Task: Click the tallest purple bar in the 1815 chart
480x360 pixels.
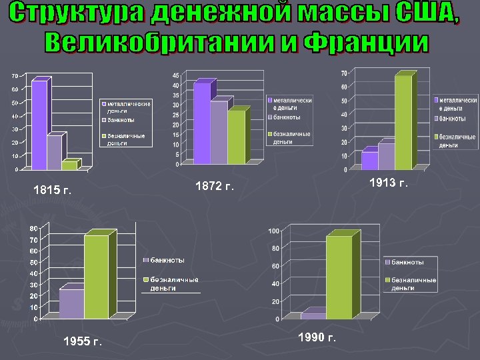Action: click(39, 123)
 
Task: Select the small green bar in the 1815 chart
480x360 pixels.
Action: click(69, 165)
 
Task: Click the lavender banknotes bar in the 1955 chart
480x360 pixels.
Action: click(71, 303)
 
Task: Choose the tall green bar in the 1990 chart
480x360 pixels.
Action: click(339, 277)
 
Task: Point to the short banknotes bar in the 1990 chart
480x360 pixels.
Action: click(312, 315)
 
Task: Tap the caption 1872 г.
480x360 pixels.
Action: click(215, 186)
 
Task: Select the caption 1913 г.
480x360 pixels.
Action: click(388, 182)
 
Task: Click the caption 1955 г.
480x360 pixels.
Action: click(83, 342)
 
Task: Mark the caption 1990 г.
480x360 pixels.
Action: click(317, 337)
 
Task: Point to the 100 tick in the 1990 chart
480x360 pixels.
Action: click(273, 231)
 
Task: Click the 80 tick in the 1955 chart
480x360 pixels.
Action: click(33, 229)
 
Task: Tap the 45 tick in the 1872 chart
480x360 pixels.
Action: click(175, 75)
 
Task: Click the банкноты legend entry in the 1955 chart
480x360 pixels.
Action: click(167, 259)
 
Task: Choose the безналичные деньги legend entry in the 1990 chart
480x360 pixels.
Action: click(413, 284)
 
